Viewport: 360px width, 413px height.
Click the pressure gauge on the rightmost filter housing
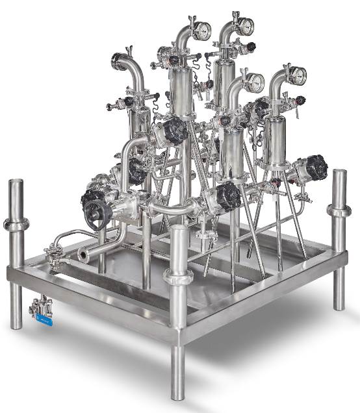tap(298, 77)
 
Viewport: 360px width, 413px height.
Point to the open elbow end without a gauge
tap(119, 62)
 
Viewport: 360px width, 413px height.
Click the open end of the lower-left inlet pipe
tap(83, 256)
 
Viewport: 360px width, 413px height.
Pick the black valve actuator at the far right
tap(316, 168)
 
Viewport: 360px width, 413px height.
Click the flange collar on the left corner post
tap(16, 225)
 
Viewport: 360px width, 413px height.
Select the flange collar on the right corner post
tap(339, 210)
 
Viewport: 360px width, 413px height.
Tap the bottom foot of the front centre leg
tap(178, 394)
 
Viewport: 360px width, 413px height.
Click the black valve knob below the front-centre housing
tap(228, 196)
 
